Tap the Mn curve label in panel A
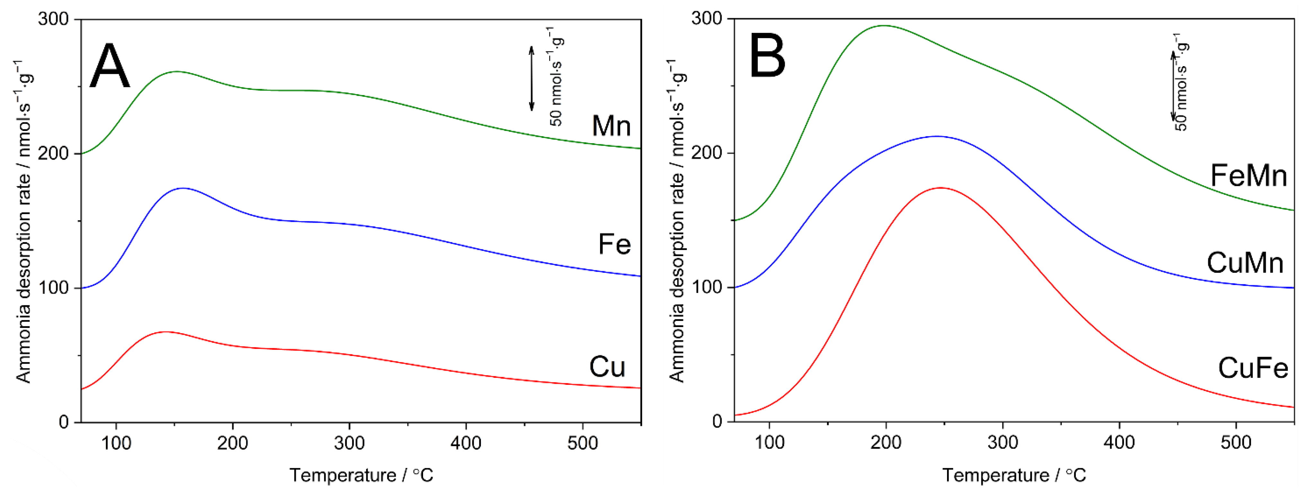coord(611,126)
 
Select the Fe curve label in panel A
coord(614,245)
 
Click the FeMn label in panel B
coord(1248,176)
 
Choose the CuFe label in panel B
coord(1253,368)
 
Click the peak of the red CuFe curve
coord(940,188)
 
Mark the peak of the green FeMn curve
coord(884,26)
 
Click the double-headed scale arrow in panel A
coord(531,78)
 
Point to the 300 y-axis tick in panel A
coord(53,19)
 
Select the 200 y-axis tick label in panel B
coord(706,153)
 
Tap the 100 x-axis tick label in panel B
coord(769,442)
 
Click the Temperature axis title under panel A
coord(361,475)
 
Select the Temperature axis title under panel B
coord(1014,475)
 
